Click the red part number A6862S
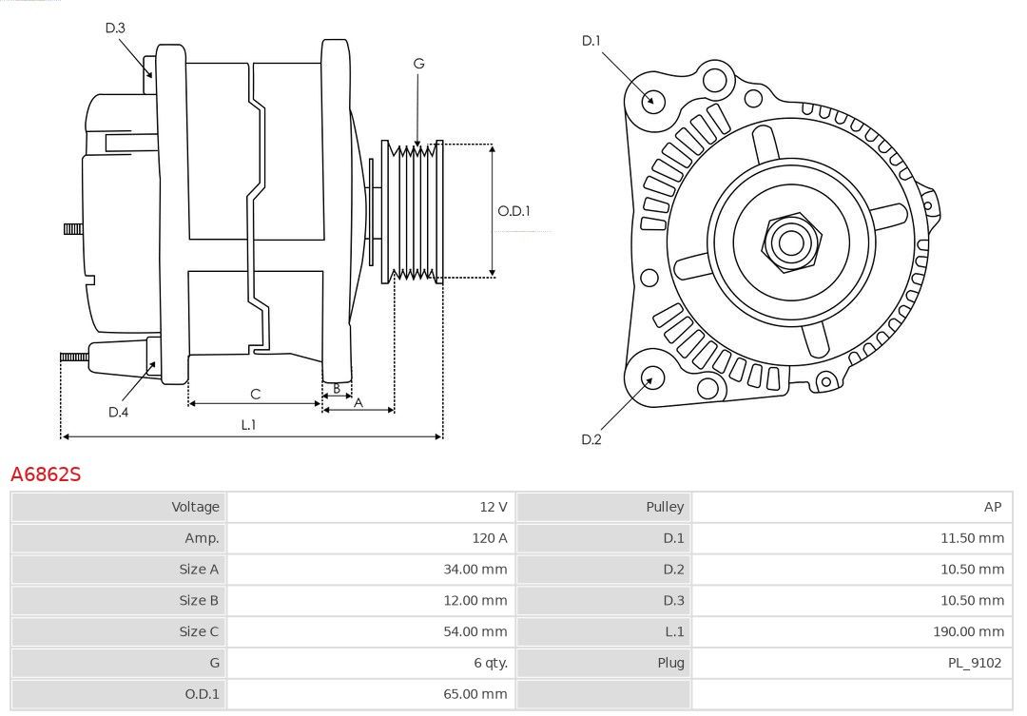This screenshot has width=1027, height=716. click(46, 474)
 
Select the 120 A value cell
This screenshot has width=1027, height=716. click(490, 538)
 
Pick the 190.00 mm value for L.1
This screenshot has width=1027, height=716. click(968, 631)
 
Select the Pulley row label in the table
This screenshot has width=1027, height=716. click(665, 507)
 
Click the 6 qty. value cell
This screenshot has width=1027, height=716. click(488, 663)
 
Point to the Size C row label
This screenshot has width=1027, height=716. click(199, 631)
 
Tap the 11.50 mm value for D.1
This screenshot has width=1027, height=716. click(971, 538)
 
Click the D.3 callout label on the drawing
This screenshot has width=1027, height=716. click(115, 28)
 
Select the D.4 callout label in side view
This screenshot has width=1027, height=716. click(118, 412)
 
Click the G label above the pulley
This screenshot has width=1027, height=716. click(418, 64)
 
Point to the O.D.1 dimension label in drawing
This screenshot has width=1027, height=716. click(513, 211)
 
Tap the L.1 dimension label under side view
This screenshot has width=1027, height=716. click(248, 425)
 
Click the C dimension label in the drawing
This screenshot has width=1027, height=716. click(255, 394)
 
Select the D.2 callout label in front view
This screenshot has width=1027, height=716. click(591, 439)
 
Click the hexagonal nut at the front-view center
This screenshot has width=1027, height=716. click(789, 242)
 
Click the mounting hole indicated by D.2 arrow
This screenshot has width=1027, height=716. click(651, 378)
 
